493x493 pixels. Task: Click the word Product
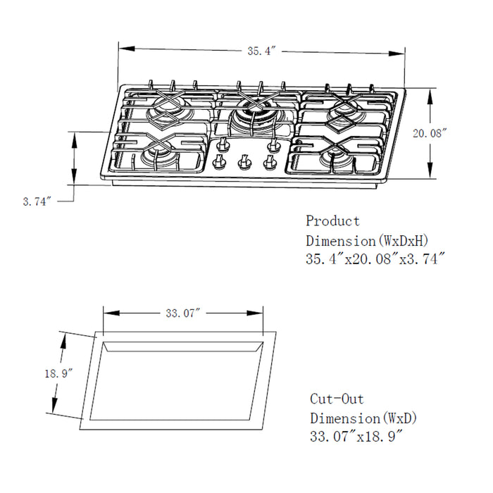click(x=332, y=221)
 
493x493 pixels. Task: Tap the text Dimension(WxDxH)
click(x=366, y=240)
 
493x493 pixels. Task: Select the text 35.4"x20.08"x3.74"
click(x=375, y=259)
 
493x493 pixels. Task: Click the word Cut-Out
click(x=337, y=399)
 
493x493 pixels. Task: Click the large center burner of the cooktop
click(x=250, y=113)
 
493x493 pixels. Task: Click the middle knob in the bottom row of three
click(x=244, y=163)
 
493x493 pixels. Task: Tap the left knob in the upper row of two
click(x=224, y=145)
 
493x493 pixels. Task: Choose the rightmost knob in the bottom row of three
click(x=268, y=163)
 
